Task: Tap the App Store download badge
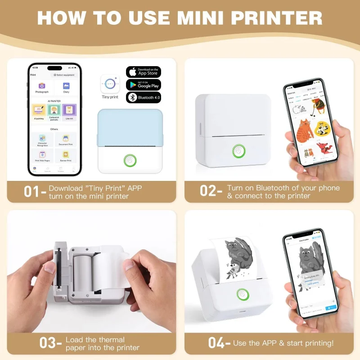tap(144, 72)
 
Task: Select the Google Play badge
tap(144, 85)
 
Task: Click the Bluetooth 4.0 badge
tap(144, 97)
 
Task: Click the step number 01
tap(32, 192)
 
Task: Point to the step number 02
tap(208, 192)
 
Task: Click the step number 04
tap(216, 343)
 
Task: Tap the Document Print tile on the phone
tap(66, 140)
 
